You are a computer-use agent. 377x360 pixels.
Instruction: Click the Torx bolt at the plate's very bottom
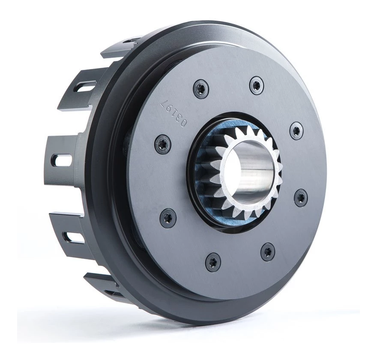coord(213,262)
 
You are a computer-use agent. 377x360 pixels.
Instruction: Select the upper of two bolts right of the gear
coord(296,131)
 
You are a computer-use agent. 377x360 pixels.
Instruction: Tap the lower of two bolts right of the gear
coord(301,198)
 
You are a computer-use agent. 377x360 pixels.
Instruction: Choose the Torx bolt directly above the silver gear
coord(256,85)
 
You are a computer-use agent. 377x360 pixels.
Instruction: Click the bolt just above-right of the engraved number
coord(200,89)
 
